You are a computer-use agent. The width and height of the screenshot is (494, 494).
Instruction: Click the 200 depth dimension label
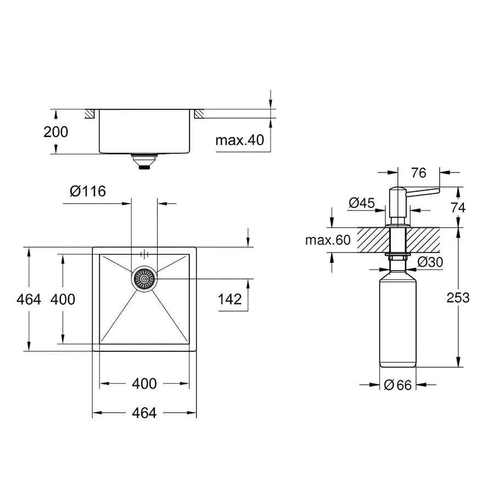click(56, 132)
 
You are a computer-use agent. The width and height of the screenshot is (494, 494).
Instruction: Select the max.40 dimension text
click(239, 140)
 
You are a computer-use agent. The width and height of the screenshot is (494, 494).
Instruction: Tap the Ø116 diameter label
click(88, 191)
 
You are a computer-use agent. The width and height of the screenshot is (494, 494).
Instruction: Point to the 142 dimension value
click(229, 299)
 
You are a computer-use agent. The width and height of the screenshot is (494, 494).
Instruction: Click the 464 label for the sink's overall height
click(29, 299)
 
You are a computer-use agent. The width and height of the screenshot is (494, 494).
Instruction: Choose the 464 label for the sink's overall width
click(144, 413)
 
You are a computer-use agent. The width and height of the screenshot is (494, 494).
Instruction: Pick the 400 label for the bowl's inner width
click(144, 384)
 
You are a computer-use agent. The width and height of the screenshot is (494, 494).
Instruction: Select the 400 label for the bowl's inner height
click(63, 299)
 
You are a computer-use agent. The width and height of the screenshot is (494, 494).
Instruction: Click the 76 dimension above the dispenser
click(418, 173)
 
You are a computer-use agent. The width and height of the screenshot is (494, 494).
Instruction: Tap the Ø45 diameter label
click(361, 203)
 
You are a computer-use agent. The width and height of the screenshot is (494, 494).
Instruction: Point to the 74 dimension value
click(458, 207)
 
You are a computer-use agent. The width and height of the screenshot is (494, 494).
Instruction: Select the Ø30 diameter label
click(430, 262)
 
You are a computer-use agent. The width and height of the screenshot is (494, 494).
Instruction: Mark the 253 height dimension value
click(458, 297)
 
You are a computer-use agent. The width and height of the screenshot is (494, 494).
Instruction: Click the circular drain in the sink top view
click(144, 279)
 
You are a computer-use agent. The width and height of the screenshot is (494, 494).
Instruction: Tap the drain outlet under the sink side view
click(144, 162)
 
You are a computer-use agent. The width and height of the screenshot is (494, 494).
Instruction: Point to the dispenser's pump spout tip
click(437, 190)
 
